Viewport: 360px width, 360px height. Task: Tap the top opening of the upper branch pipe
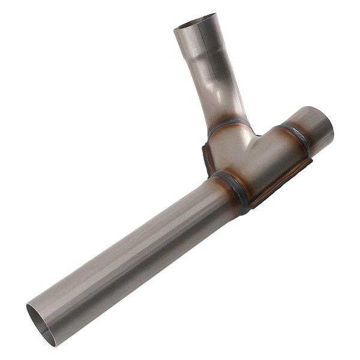(x=194, y=22)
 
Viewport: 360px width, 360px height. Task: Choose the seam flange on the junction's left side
(x=207, y=156)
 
